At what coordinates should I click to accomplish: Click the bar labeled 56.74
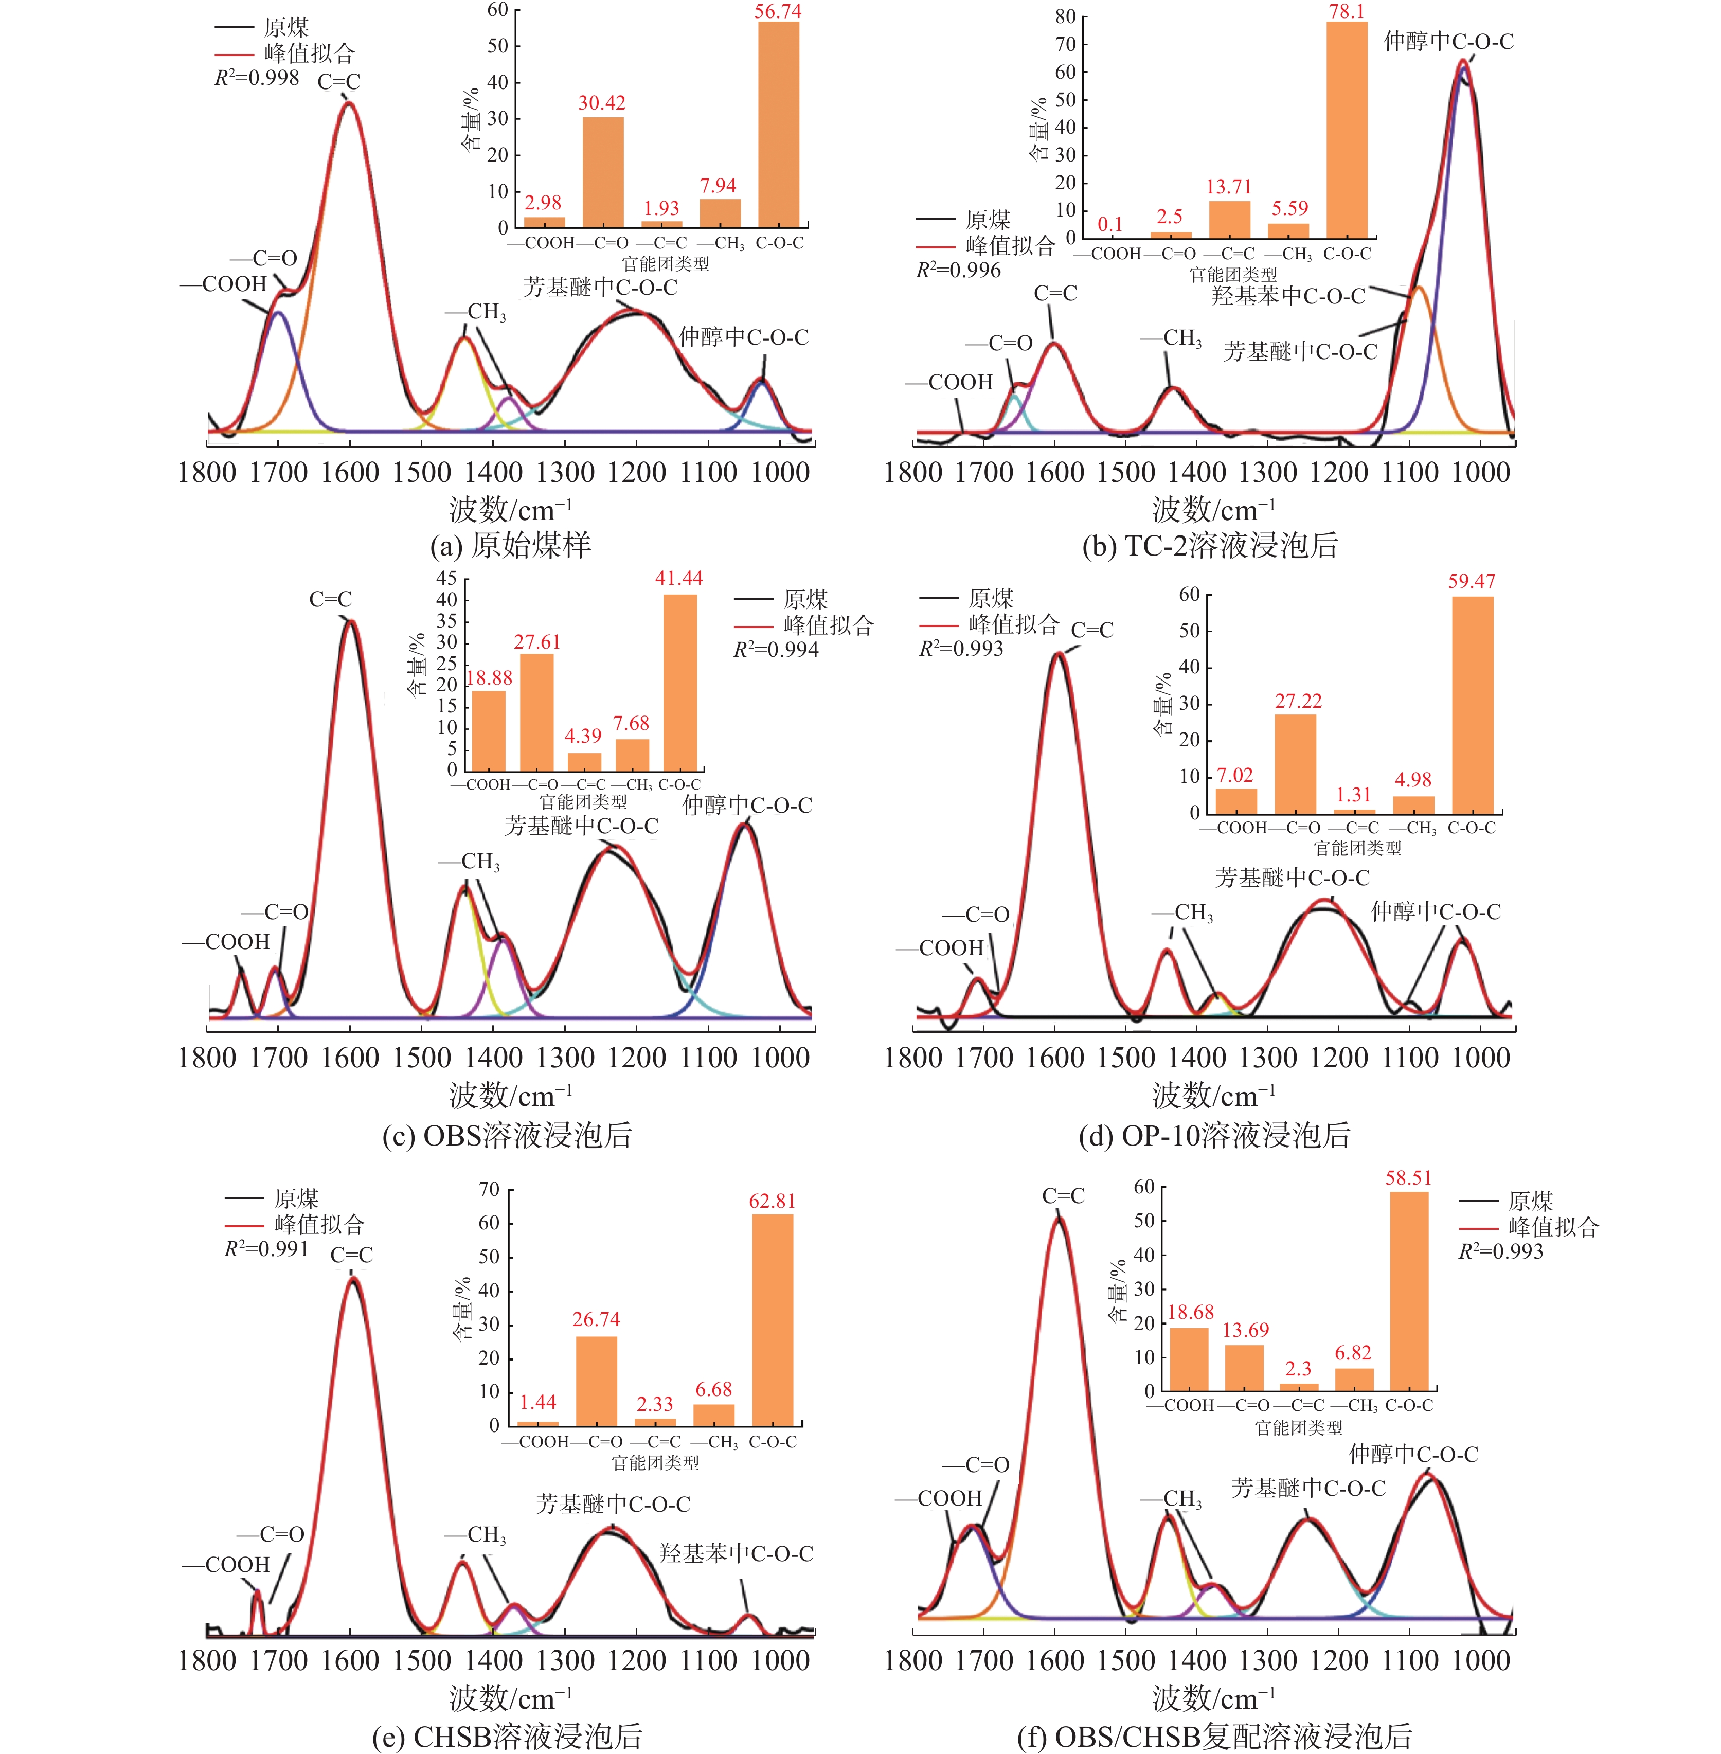coord(778,125)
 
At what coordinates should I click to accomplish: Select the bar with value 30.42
coord(603,172)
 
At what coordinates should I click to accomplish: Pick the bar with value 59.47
coord(1473,705)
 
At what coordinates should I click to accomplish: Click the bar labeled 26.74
coord(597,1381)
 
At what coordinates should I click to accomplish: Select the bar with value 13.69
coord(1245,1368)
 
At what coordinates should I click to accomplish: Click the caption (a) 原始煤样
coord(511,545)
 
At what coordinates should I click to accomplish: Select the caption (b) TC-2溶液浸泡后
coord(1210,545)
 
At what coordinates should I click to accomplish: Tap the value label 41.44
coord(679,579)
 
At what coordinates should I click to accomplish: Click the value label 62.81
coord(772,1202)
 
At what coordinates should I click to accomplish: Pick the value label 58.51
coord(1408,1178)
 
